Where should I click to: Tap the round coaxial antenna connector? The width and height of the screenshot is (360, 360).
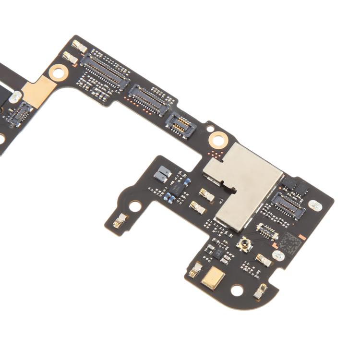tap(244, 245)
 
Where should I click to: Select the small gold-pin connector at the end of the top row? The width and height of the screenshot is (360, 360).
tap(180, 124)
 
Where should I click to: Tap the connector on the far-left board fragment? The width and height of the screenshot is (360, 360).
tap(21, 113)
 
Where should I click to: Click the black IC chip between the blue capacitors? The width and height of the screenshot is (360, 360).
tap(179, 186)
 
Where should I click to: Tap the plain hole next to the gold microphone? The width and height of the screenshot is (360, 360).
tap(237, 290)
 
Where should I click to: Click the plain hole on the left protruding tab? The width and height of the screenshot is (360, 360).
tap(135, 206)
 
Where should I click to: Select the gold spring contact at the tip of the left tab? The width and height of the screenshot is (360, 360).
tap(120, 221)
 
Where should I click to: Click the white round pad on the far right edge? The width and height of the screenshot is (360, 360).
tap(314, 205)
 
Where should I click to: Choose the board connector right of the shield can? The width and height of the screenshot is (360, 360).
tap(288, 203)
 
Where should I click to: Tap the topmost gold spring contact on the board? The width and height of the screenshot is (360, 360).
tap(79, 47)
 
